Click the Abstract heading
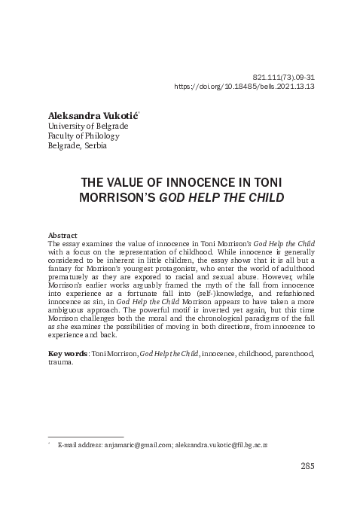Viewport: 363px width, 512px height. [62, 236]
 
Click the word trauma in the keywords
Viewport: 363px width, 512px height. [59, 362]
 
